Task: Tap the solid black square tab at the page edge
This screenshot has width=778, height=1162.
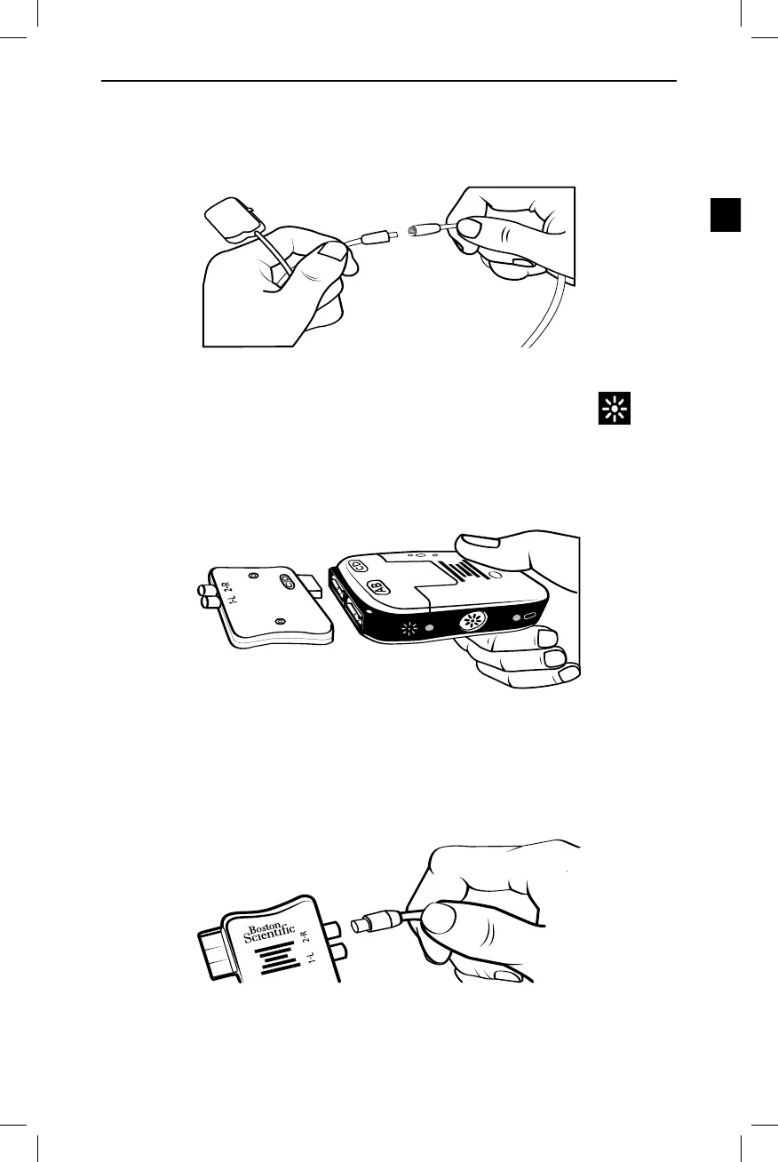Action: click(x=726, y=216)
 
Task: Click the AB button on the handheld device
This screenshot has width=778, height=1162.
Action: click(x=377, y=586)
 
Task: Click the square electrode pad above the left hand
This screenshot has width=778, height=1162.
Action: click(x=229, y=219)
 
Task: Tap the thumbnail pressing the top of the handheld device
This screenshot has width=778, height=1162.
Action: click(x=480, y=541)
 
